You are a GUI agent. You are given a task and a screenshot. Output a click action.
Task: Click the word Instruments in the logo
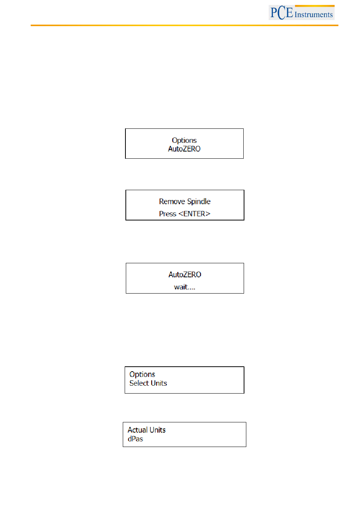(313, 14)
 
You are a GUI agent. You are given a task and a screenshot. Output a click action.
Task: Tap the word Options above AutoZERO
(184, 141)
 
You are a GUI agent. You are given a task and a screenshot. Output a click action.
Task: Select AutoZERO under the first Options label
(184, 148)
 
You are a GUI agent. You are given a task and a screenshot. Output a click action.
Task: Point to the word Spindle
(199, 202)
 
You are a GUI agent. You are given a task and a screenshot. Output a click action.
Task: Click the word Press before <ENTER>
(167, 214)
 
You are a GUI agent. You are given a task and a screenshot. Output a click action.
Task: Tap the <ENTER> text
(194, 214)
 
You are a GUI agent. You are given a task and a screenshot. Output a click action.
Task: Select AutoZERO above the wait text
(185, 275)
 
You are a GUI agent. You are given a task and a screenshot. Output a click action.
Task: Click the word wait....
(181, 287)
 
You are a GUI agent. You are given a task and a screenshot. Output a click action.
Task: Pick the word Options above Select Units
(142, 375)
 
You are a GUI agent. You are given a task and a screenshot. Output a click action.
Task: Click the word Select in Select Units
(138, 383)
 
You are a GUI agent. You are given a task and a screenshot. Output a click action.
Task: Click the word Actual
(137, 430)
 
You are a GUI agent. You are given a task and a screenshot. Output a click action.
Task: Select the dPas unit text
(135, 439)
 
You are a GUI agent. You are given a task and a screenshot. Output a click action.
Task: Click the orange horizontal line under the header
(185, 25)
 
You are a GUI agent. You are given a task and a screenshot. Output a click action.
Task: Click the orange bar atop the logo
(315, 6)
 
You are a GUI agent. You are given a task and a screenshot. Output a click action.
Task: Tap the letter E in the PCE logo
(289, 13)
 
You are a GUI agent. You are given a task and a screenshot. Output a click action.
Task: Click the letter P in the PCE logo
(274, 13)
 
